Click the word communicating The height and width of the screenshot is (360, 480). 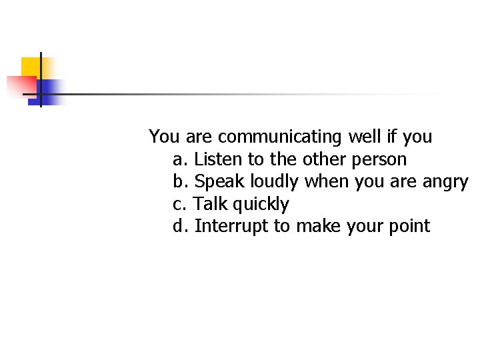[279, 137]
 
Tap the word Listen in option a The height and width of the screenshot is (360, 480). [219, 159]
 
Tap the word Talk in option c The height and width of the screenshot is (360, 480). [209, 203]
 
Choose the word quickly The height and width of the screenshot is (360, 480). [259, 205]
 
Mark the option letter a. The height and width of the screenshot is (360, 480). [179, 160]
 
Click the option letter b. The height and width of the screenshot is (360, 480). [179, 181]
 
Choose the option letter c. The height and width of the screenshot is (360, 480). [179, 204]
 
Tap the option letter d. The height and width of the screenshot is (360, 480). [179, 226]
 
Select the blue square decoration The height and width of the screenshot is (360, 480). [48, 91]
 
